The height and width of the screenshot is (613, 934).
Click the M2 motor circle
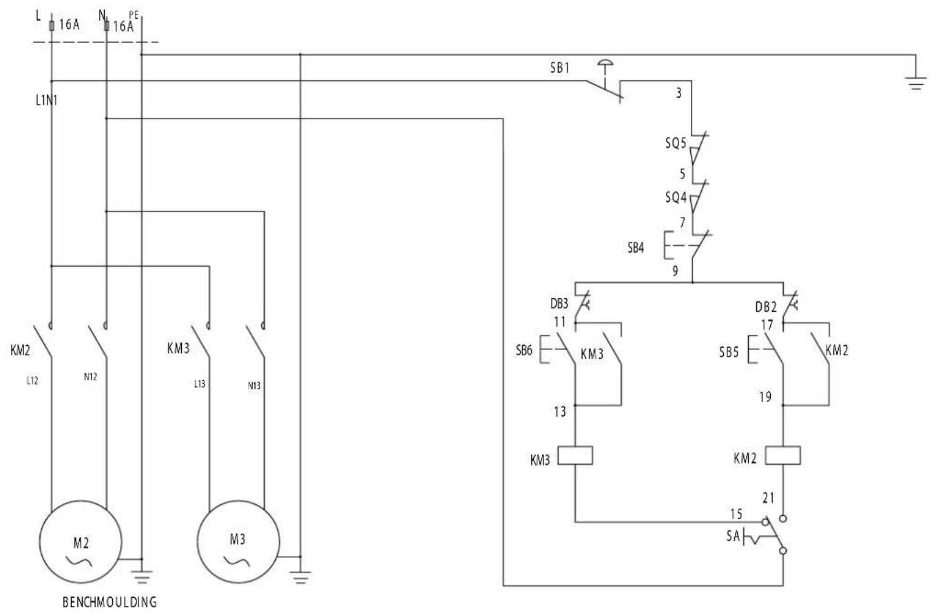[x=81, y=501]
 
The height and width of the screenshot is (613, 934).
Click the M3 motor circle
[x=238, y=501]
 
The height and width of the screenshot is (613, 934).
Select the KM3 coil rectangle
[x=575, y=455]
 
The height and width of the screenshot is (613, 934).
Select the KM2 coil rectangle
[x=783, y=455]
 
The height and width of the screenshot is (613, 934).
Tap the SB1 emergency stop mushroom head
[x=605, y=63]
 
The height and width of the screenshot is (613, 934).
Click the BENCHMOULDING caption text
[x=110, y=602]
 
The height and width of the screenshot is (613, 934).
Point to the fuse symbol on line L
[x=52, y=26]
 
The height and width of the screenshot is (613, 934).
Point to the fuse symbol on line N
[x=106, y=26]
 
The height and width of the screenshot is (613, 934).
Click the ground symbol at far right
[x=915, y=83]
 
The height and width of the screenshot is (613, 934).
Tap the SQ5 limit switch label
[x=676, y=143]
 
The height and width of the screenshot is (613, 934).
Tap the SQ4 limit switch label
[x=676, y=197]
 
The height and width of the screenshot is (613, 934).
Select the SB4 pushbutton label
[x=636, y=248]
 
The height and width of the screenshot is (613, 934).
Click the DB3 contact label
[x=559, y=304]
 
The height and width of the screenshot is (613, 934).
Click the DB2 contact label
[x=766, y=307]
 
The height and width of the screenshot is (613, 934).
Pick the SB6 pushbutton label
[x=524, y=351]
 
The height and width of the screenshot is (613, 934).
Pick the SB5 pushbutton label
[x=729, y=353]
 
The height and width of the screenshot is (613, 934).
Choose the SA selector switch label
[x=733, y=535]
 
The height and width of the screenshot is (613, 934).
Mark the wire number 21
[x=769, y=498]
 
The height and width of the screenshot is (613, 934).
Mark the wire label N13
[x=254, y=386]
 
